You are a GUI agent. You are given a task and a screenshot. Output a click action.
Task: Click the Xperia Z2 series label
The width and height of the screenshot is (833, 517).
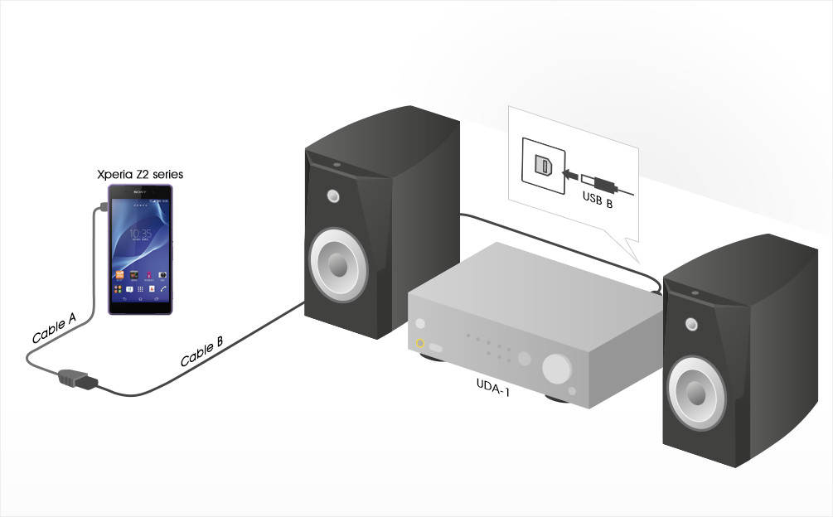140,175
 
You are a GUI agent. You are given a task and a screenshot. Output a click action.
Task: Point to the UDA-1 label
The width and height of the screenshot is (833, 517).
492,385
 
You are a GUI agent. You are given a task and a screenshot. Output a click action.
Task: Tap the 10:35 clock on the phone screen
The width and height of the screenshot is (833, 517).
140,234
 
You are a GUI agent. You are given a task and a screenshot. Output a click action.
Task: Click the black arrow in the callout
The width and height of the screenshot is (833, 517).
569,174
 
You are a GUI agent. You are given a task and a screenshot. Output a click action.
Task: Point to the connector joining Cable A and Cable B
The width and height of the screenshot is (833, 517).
76,379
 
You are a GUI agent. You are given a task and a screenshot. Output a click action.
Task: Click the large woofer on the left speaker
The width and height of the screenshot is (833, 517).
337,263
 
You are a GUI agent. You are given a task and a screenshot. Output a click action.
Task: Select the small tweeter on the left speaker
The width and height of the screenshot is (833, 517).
333,197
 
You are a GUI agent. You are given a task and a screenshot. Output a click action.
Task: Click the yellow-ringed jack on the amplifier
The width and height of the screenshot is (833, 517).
420,344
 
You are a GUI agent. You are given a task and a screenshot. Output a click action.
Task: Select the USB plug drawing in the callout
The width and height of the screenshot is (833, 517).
598,181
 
